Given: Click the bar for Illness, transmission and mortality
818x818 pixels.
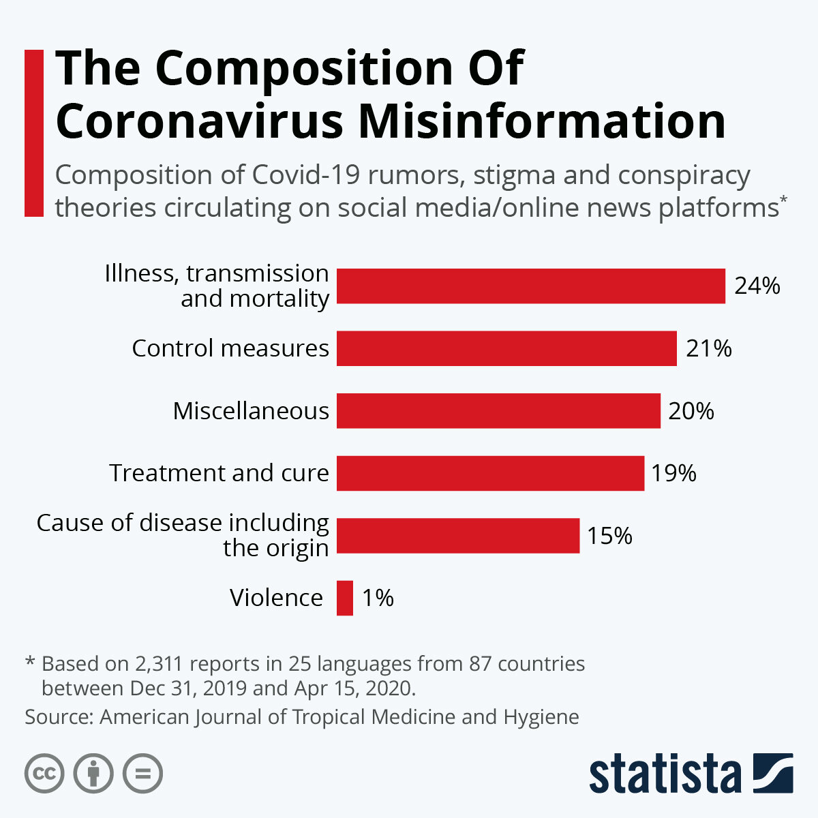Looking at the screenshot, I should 530,286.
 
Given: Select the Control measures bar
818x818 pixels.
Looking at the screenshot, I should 506,348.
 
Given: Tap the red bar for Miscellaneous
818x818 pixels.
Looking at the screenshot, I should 498,410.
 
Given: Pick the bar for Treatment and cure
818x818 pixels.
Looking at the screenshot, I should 490,473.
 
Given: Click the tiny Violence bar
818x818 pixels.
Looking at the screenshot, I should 345,598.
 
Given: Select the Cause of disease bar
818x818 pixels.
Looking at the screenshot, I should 457,535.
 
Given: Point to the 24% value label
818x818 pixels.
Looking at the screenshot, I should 757,286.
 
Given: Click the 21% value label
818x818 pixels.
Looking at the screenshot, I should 708,349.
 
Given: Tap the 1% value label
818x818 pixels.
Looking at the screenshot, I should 378,599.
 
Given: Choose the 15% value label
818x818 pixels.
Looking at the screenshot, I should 609,536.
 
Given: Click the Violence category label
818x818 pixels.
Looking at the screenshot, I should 276,598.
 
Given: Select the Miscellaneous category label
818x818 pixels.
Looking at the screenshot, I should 251,411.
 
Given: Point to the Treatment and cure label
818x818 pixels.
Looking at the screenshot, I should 219,473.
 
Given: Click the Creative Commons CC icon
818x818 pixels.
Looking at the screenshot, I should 44,774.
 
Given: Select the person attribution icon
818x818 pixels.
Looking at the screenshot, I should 93,774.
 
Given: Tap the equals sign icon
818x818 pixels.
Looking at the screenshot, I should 142,774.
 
